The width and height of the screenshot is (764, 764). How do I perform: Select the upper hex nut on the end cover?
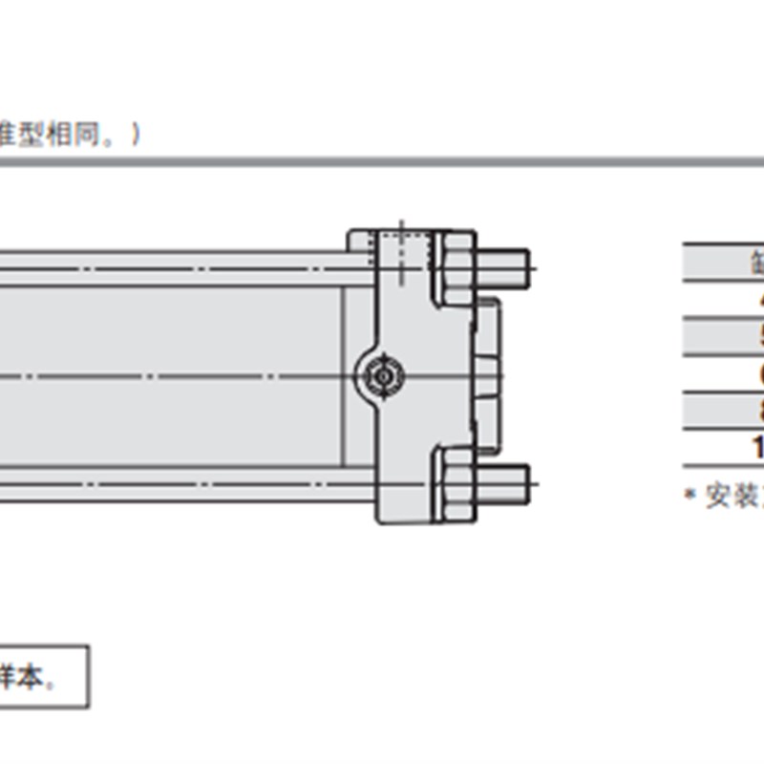pos(454,269)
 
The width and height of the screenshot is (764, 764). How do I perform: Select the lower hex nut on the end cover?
pos(454,482)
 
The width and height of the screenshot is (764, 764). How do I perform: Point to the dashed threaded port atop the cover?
pos(400,250)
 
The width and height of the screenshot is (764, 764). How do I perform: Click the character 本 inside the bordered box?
pos(34,680)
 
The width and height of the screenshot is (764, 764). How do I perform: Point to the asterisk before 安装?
pos(690,495)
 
